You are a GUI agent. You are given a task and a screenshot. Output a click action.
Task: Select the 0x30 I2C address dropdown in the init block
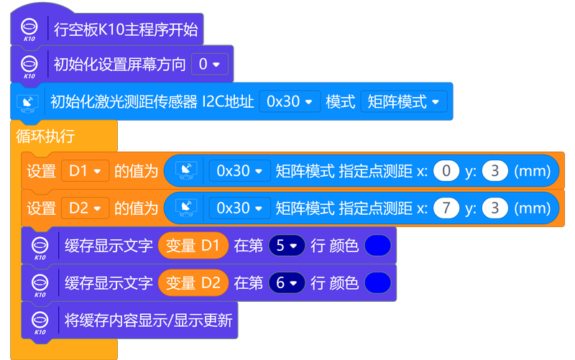pyautogui.click(x=289, y=101)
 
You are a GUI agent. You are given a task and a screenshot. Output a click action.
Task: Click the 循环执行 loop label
pyautogui.click(x=45, y=136)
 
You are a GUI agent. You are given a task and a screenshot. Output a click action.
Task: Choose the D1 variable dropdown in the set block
pyautogui.click(x=85, y=171)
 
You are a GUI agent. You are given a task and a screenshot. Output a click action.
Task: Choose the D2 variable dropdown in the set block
pyautogui.click(x=85, y=208)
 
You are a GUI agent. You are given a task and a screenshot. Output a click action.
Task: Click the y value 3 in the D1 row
pyautogui.click(x=494, y=171)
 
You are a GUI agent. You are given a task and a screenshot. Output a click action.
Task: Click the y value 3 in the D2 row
pyautogui.click(x=494, y=208)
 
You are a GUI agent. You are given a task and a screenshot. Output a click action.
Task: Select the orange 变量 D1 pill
pyautogui.click(x=193, y=246)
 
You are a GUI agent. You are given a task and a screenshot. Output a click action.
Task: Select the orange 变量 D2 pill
pyautogui.click(x=193, y=282)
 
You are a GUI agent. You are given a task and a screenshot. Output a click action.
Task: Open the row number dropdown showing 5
pyautogui.click(x=286, y=246)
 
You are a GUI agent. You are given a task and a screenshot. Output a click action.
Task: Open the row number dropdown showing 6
pyautogui.click(x=286, y=282)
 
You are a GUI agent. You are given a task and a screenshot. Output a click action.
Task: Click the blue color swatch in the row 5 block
pyautogui.click(x=377, y=246)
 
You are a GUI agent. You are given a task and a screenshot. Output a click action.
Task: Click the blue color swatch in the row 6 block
pyautogui.click(x=377, y=282)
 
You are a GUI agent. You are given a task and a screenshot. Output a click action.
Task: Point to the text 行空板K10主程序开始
pyautogui.click(x=126, y=30)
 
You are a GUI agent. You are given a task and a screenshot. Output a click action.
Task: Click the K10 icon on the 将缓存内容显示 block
pyautogui.click(x=40, y=321)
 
